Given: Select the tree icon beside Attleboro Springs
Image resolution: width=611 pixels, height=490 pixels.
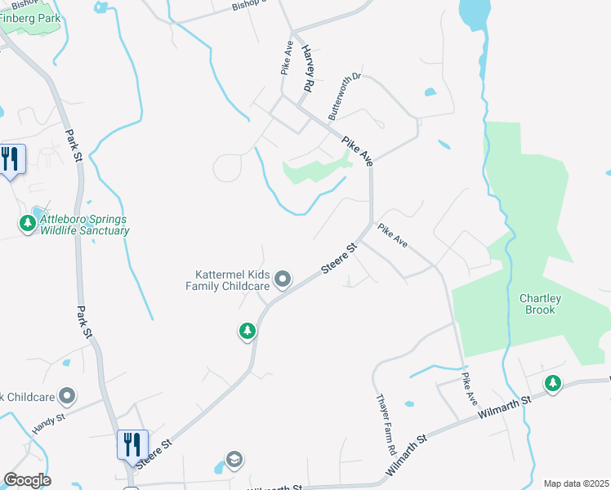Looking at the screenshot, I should coord(29,222).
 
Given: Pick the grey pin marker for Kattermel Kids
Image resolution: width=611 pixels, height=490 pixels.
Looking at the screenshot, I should coord(283,280).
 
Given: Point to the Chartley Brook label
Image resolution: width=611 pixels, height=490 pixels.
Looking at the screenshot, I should coord(540,305).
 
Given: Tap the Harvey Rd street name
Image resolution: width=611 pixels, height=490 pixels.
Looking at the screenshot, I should coord(308,67).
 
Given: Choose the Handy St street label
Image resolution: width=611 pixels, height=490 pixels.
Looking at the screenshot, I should coord(48,421).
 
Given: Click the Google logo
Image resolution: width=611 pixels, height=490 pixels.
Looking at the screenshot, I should coord(27,480).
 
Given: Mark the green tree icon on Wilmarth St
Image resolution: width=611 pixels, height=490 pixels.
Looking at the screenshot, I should coord(553,382).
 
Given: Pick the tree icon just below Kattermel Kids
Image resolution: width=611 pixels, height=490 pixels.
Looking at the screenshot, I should coord(247,331).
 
